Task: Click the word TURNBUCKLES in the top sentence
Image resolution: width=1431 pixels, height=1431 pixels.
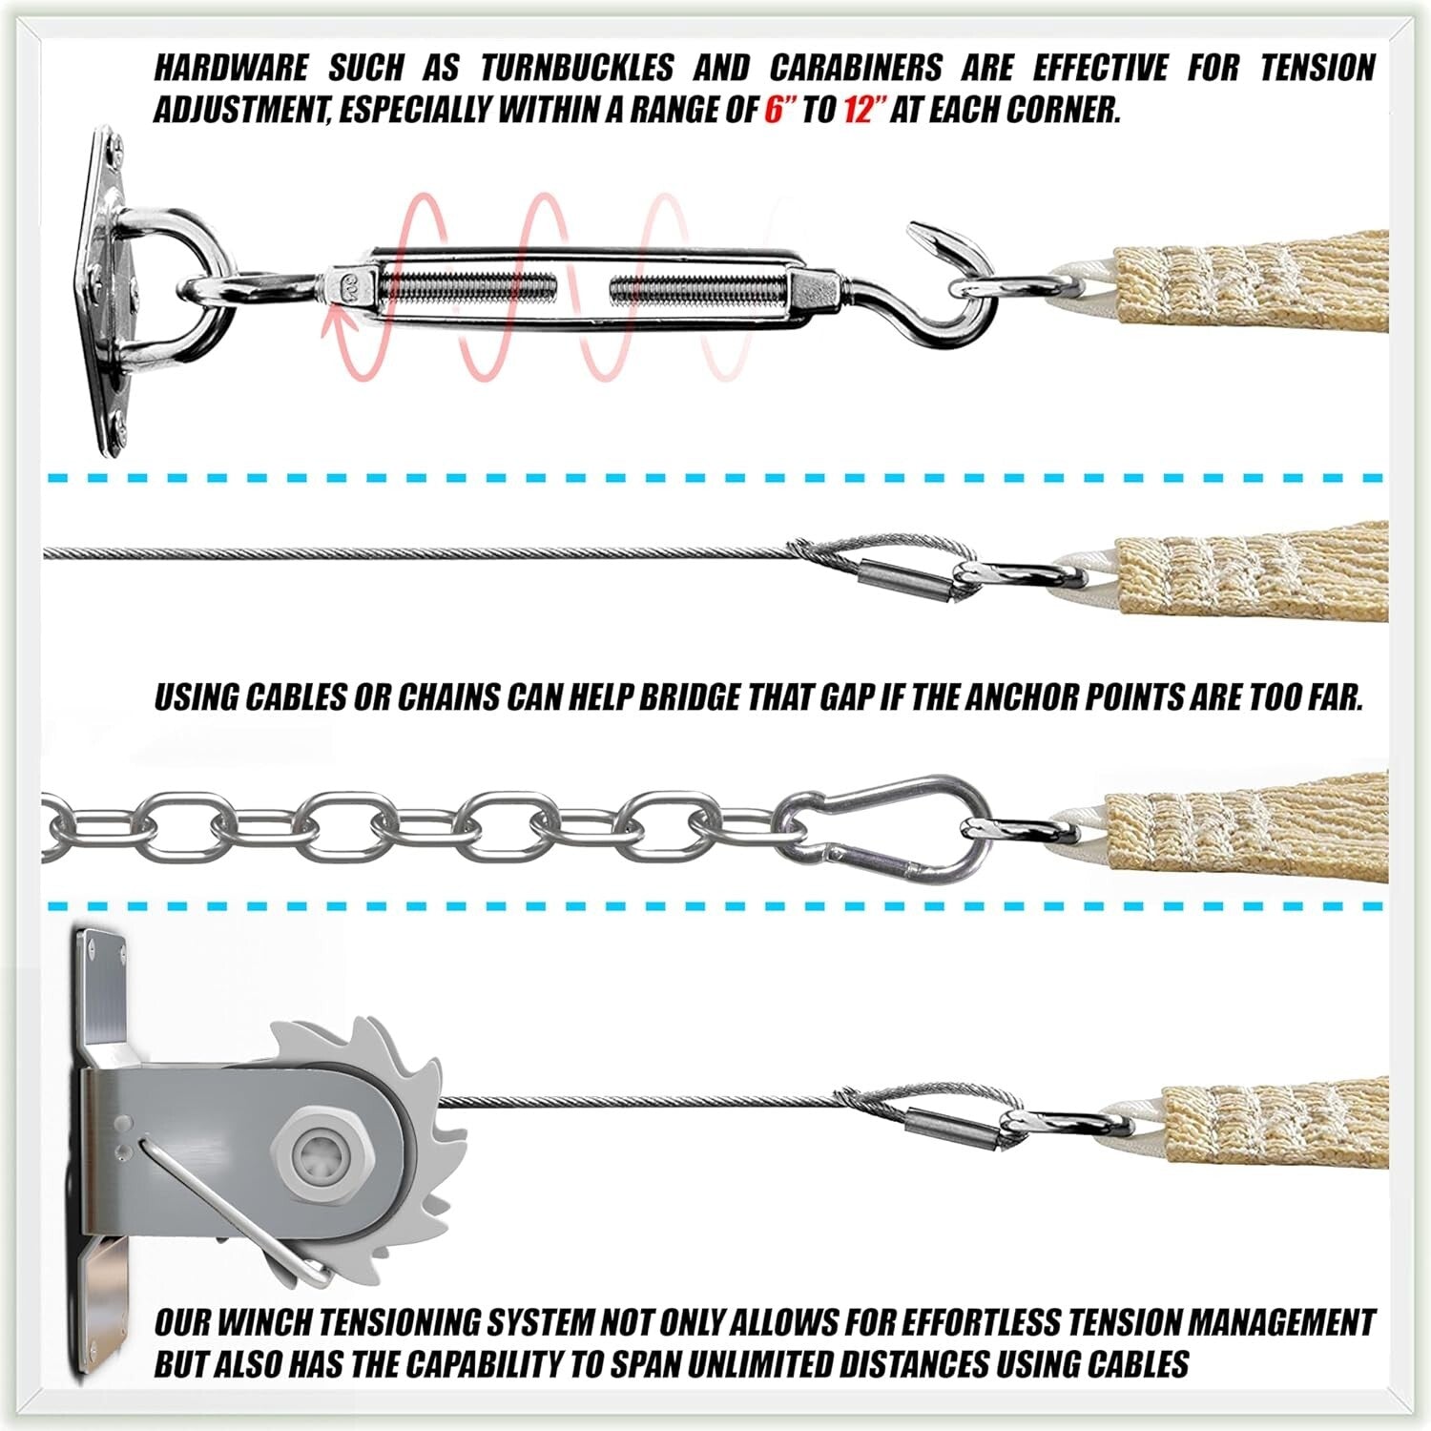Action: coord(576,69)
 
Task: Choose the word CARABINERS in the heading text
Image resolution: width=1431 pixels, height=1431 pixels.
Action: coord(855,69)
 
